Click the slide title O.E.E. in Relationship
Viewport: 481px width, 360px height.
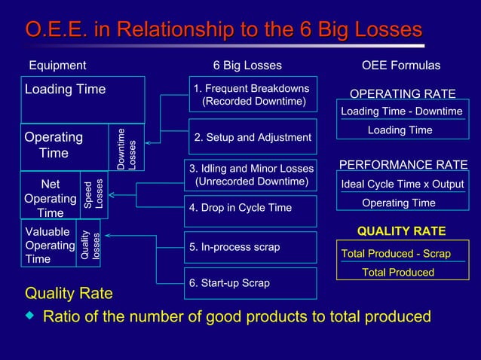223,30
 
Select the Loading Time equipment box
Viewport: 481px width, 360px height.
82,99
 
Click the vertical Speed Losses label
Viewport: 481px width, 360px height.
94,194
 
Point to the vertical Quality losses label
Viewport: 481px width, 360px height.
90,245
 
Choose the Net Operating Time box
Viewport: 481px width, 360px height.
51,198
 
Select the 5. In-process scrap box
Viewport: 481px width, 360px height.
252,247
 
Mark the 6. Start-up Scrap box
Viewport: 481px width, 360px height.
252,283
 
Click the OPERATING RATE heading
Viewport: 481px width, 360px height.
403,94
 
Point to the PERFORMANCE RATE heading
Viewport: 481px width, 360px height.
403,165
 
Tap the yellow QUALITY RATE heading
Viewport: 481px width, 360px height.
401,231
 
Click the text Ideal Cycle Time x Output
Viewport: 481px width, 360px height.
403,185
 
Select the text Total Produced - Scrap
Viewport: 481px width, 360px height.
396,254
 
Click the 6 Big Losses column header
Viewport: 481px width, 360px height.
247,66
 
